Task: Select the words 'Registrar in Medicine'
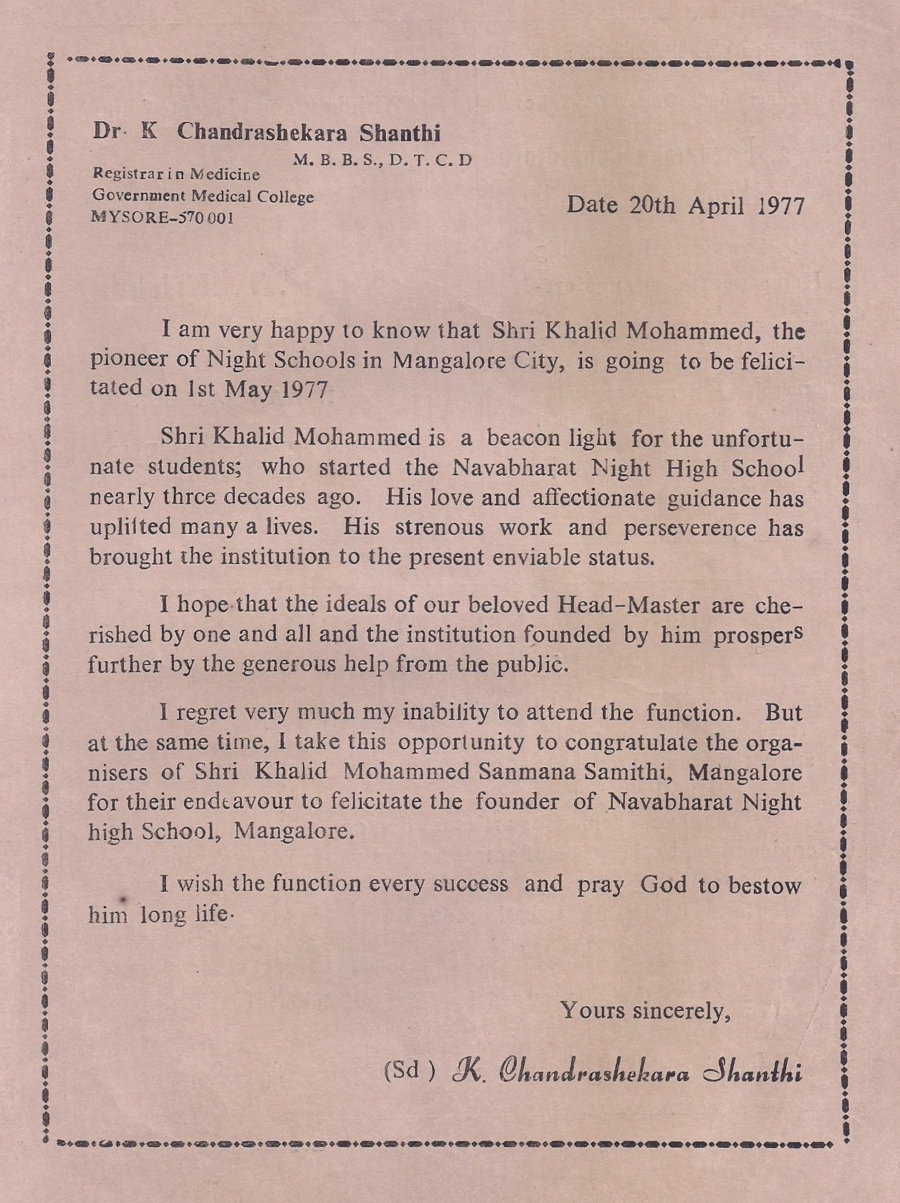(x=176, y=174)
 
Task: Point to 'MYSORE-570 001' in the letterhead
(x=163, y=218)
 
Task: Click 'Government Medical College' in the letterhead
(x=203, y=196)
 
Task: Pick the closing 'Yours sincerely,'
(x=644, y=1010)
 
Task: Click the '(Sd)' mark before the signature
(x=410, y=1071)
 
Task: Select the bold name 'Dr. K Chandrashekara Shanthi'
(x=266, y=132)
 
